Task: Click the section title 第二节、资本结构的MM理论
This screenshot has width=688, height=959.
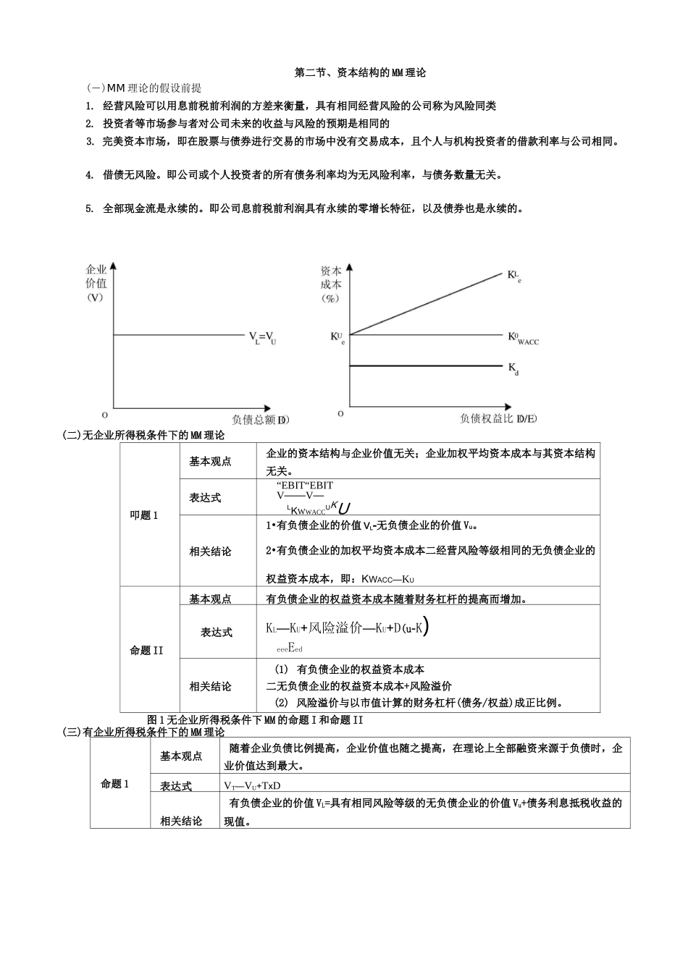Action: pos(361,72)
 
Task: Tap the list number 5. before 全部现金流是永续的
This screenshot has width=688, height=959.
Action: pos(89,209)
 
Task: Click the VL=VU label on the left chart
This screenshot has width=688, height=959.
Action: pos(262,337)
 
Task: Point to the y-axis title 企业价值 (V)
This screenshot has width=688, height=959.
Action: pos(96,283)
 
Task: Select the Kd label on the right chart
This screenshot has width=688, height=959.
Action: pos(513,368)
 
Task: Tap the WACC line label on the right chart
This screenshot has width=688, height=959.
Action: pos(523,337)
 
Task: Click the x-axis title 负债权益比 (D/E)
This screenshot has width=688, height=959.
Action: pos(499,418)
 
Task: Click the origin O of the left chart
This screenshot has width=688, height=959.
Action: pos(105,415)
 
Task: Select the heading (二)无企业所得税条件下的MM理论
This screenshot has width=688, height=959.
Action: pos(144,435)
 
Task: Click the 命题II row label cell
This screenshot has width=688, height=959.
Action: pos(147,650)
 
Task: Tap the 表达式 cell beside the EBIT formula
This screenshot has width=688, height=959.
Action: pos(205,498)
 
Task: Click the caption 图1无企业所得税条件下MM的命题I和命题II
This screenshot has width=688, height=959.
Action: pos(254,720)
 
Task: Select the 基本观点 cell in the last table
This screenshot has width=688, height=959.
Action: pos(181,756)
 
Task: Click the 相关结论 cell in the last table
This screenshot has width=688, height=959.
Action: pos(181,821)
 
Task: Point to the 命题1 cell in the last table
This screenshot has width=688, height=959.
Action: pos(115,784)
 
